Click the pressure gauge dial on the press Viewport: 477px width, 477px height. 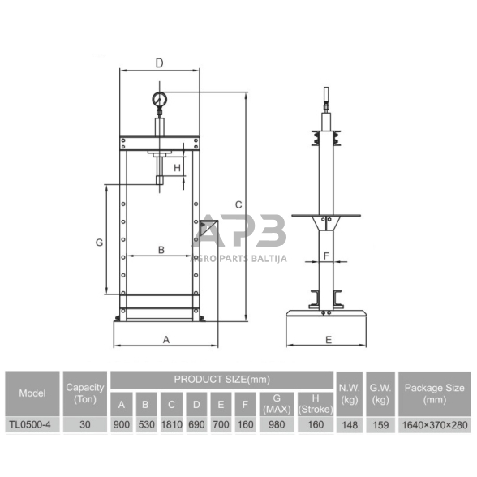click(159, 99)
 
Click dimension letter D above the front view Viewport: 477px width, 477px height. click(159, 63)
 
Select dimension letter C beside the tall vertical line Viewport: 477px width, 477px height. click(238, 204)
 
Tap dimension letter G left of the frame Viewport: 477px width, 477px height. click(100, 243)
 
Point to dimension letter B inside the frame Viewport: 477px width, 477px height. click(161, 250)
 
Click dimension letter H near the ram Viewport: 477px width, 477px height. click(177, 168)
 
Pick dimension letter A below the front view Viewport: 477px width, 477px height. click(166, 339)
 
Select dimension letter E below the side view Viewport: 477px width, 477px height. click(329, 340)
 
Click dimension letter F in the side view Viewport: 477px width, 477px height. click(326, 256)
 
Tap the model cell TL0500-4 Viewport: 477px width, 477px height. click(30, 424)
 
